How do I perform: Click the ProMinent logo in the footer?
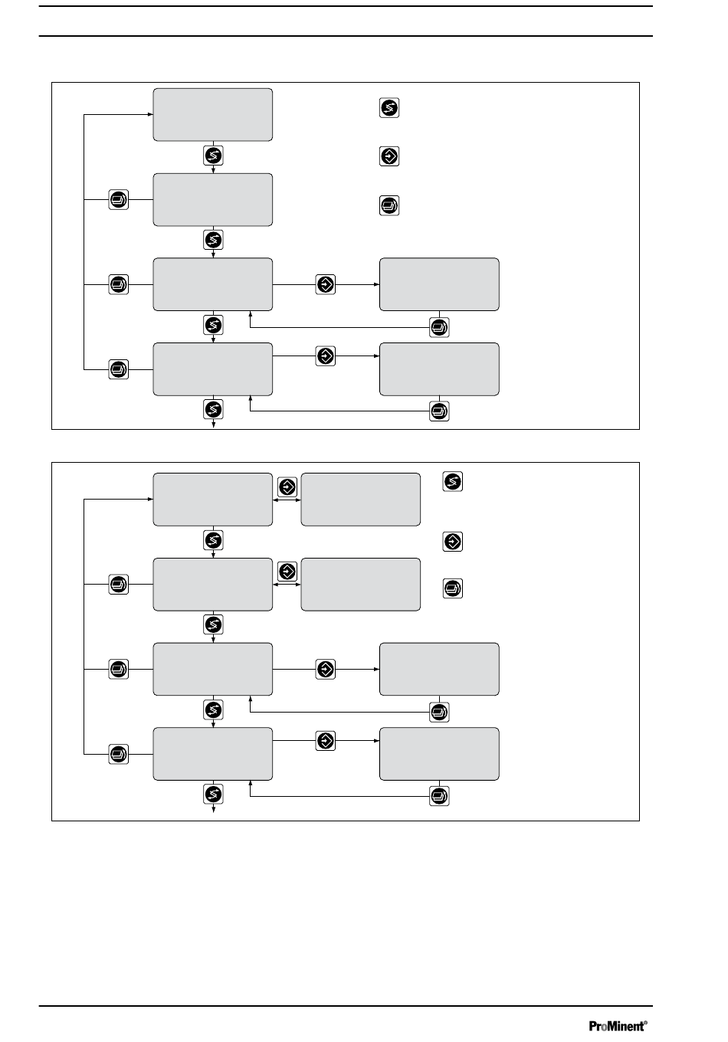click(618, 1025)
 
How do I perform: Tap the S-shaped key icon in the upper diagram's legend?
click(389, 108)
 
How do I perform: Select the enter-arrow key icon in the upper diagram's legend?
click(389, 156)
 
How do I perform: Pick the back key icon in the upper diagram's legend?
click(389, 205)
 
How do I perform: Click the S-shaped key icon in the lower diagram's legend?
click(453, 481)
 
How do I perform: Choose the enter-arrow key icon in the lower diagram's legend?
click(453, 542)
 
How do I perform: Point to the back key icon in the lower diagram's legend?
click(453, 588)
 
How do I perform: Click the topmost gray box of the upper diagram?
click(213, 115)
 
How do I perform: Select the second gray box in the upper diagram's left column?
click(213, 200)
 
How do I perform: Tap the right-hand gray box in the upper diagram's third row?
click(440, 284)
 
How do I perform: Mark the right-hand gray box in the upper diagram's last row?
click(440, 369)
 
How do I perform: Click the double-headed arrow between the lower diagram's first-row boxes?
click(287, 500)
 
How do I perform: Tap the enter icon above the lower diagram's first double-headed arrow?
click(287, 487)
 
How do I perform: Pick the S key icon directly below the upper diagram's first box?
click(214, 156)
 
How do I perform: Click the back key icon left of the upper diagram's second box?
click(119, 199)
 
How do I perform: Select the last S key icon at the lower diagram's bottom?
click(214, 794)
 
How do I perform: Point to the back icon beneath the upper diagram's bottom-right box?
click(439, 411)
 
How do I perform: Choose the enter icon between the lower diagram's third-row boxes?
click(326, 670)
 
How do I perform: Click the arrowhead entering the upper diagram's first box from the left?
click(150, 114)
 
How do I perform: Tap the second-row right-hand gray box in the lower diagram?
click(361, 585)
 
